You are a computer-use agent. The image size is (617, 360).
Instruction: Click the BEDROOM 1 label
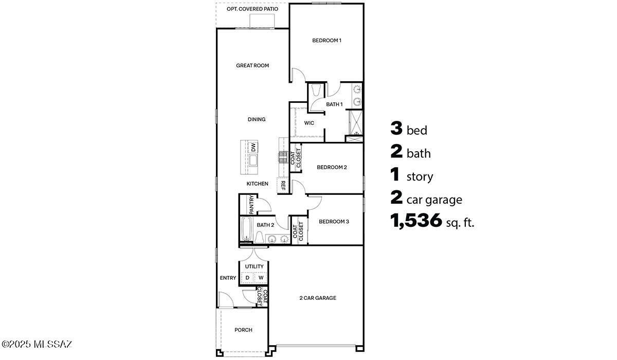326,40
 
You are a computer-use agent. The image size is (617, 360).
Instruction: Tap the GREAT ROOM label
252,65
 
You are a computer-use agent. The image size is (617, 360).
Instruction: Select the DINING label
257,119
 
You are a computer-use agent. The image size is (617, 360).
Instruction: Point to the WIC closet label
309,123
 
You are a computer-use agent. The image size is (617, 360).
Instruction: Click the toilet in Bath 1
316,91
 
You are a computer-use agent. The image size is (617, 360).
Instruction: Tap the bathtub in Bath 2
247,229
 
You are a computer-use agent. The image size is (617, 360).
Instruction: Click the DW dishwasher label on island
253,147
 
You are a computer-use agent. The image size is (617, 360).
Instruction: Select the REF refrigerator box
283,185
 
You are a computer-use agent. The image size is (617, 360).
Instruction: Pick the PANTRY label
251,204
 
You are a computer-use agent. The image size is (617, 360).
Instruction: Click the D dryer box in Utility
247,278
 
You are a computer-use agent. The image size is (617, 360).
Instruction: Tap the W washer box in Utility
261,278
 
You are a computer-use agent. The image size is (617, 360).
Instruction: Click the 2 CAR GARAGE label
318,298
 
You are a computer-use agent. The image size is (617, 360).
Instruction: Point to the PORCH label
243,330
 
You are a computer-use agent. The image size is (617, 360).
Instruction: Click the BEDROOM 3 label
334,222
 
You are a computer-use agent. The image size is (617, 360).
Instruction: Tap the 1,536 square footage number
416,221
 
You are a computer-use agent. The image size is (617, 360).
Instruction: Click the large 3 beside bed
396,129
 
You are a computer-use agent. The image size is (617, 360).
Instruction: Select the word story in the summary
420,177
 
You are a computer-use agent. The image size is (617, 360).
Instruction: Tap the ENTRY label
228,278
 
